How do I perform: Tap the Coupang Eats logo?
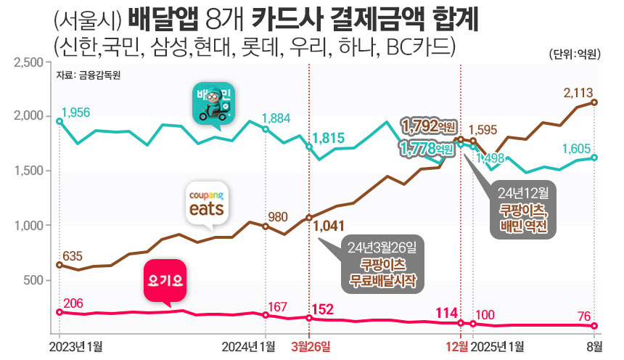pyautogui.click(x=208, y=203)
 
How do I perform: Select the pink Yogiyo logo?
pyautogui.click(x=165, y=279)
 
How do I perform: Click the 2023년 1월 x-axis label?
pyautogui.click(x=76, y=345)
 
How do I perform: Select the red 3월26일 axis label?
pyautogui.click(x=310, y=345)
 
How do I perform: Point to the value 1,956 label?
pyautogui.click(x=76, y=112)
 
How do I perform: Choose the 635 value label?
pyautogui.click(x=72, y=255)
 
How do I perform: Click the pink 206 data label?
pyautogui.click(x=73, y=303)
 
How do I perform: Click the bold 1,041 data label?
pyautogui.click(x=328, y=226)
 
